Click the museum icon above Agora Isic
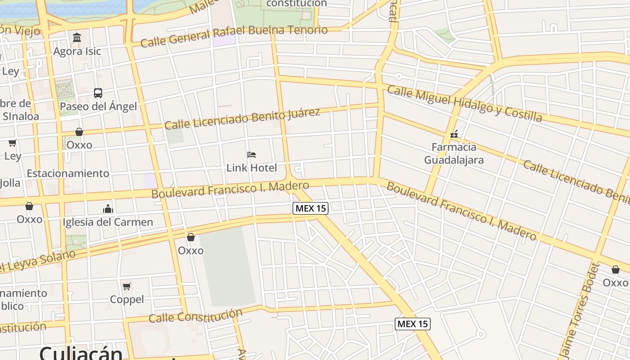click(x=77, y=37)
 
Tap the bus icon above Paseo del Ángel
click(x=98, y=93)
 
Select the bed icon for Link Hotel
click(x=252, y=155)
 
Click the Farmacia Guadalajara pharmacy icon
click(x=454, y=134)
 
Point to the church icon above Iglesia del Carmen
click(x=108, y=209)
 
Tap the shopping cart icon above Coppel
click(x=127, y=286)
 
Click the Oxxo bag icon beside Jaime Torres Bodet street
click(x=615, y=270)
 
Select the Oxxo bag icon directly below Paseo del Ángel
click(x=79, y=132)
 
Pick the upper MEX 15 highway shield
click(x=310, y=208)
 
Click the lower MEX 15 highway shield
click(x=413, y=324)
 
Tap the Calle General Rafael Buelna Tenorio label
click(x=234, y=36)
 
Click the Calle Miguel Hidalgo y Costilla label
click(x=464, y=103)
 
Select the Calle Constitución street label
click(x=195, y=316)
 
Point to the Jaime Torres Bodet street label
click(x=580, y=310)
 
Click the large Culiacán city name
click(x=81, y=353)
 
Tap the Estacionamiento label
click(x=68, y=173)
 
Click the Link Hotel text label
click(x=252, y=168)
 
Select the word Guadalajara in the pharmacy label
click(x=454, y=160)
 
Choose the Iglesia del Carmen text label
click(x=108, y=222)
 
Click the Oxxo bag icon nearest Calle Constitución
click(x=191, y=237)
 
